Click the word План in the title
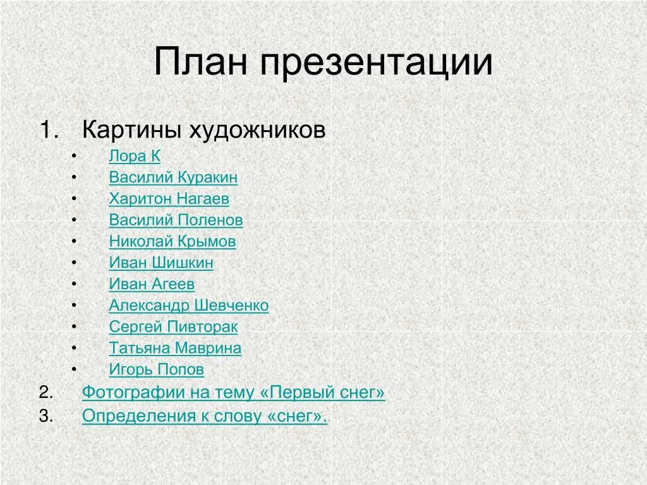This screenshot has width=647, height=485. coord(201,61)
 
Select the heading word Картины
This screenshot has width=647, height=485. coord(132,130)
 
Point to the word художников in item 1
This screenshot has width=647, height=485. coord(258,130)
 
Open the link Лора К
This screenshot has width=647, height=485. coord(135,157)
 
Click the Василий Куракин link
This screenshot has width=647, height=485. coord(173,177)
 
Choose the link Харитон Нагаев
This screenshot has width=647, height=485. coord(169,199)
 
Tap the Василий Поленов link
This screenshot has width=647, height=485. coord(176,220)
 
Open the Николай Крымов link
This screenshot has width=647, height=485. coord(172,242)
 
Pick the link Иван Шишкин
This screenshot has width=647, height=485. coord(161,263)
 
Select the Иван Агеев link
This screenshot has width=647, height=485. coord(152,284)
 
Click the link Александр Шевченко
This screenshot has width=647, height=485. coord(189,306)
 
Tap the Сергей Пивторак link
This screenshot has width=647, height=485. coord(173,327)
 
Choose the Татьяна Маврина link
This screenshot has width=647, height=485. coord(176,349)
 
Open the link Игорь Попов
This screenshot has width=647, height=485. coord(157,370)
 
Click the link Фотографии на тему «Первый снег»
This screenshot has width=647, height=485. coord(234,393)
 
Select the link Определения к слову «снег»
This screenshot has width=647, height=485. coord(205,416)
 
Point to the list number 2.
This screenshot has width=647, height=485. coord(46,392)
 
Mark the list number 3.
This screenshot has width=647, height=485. coord(46,416)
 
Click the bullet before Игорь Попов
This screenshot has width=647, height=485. coord(74,369)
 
